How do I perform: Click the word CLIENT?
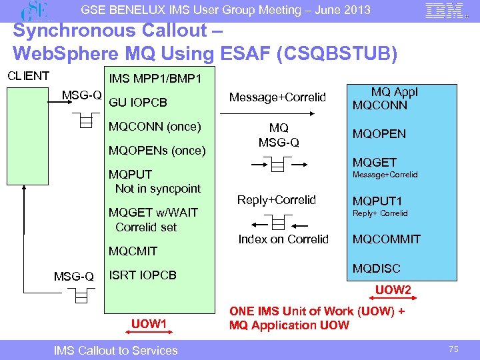[28, 75]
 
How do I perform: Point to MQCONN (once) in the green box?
[155, 127]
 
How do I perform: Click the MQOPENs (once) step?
[157, 150]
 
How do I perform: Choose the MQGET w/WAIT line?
[153, 213]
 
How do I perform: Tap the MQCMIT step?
[133, 251]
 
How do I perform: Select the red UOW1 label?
[149, 324]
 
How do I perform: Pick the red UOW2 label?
[393, 291]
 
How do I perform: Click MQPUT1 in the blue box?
[377, 201]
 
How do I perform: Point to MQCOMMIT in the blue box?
[386, 239]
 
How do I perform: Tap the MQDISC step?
[377, 269]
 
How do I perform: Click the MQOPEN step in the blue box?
[379, 133]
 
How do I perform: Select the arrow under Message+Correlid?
[276, 113]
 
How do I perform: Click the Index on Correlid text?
[283, 239]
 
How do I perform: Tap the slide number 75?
[455, 349]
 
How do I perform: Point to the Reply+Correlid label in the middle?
[277, 200]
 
